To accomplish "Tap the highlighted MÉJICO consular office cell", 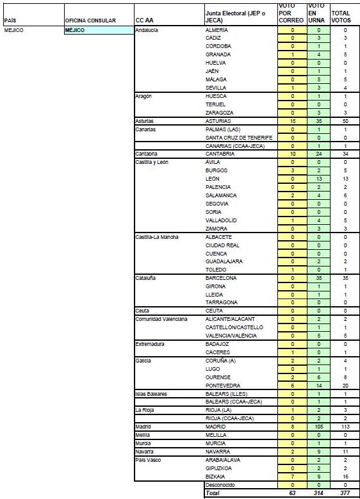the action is coord(97,30).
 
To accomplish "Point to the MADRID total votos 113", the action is coord(345,426).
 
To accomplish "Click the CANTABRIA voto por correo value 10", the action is coord(292,154).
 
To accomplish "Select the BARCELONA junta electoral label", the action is coord(221,279).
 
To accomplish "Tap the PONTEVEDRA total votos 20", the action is coord(345,386).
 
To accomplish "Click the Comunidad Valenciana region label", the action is coord(161,319).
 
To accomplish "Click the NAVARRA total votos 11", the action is coord(345,452).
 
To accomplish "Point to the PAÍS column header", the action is coord(10,20).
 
